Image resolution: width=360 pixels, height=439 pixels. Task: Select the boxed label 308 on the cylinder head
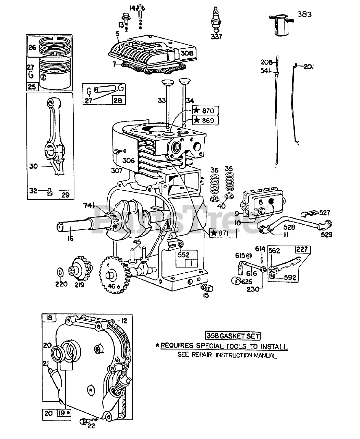[187, 53]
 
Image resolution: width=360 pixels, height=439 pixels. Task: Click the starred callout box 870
[205, 110]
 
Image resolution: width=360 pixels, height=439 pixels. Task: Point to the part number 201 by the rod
[308, 67]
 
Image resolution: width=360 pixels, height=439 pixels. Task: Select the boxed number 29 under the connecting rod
[65, 195]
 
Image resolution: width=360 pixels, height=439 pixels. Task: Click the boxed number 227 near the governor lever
[302, 249]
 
